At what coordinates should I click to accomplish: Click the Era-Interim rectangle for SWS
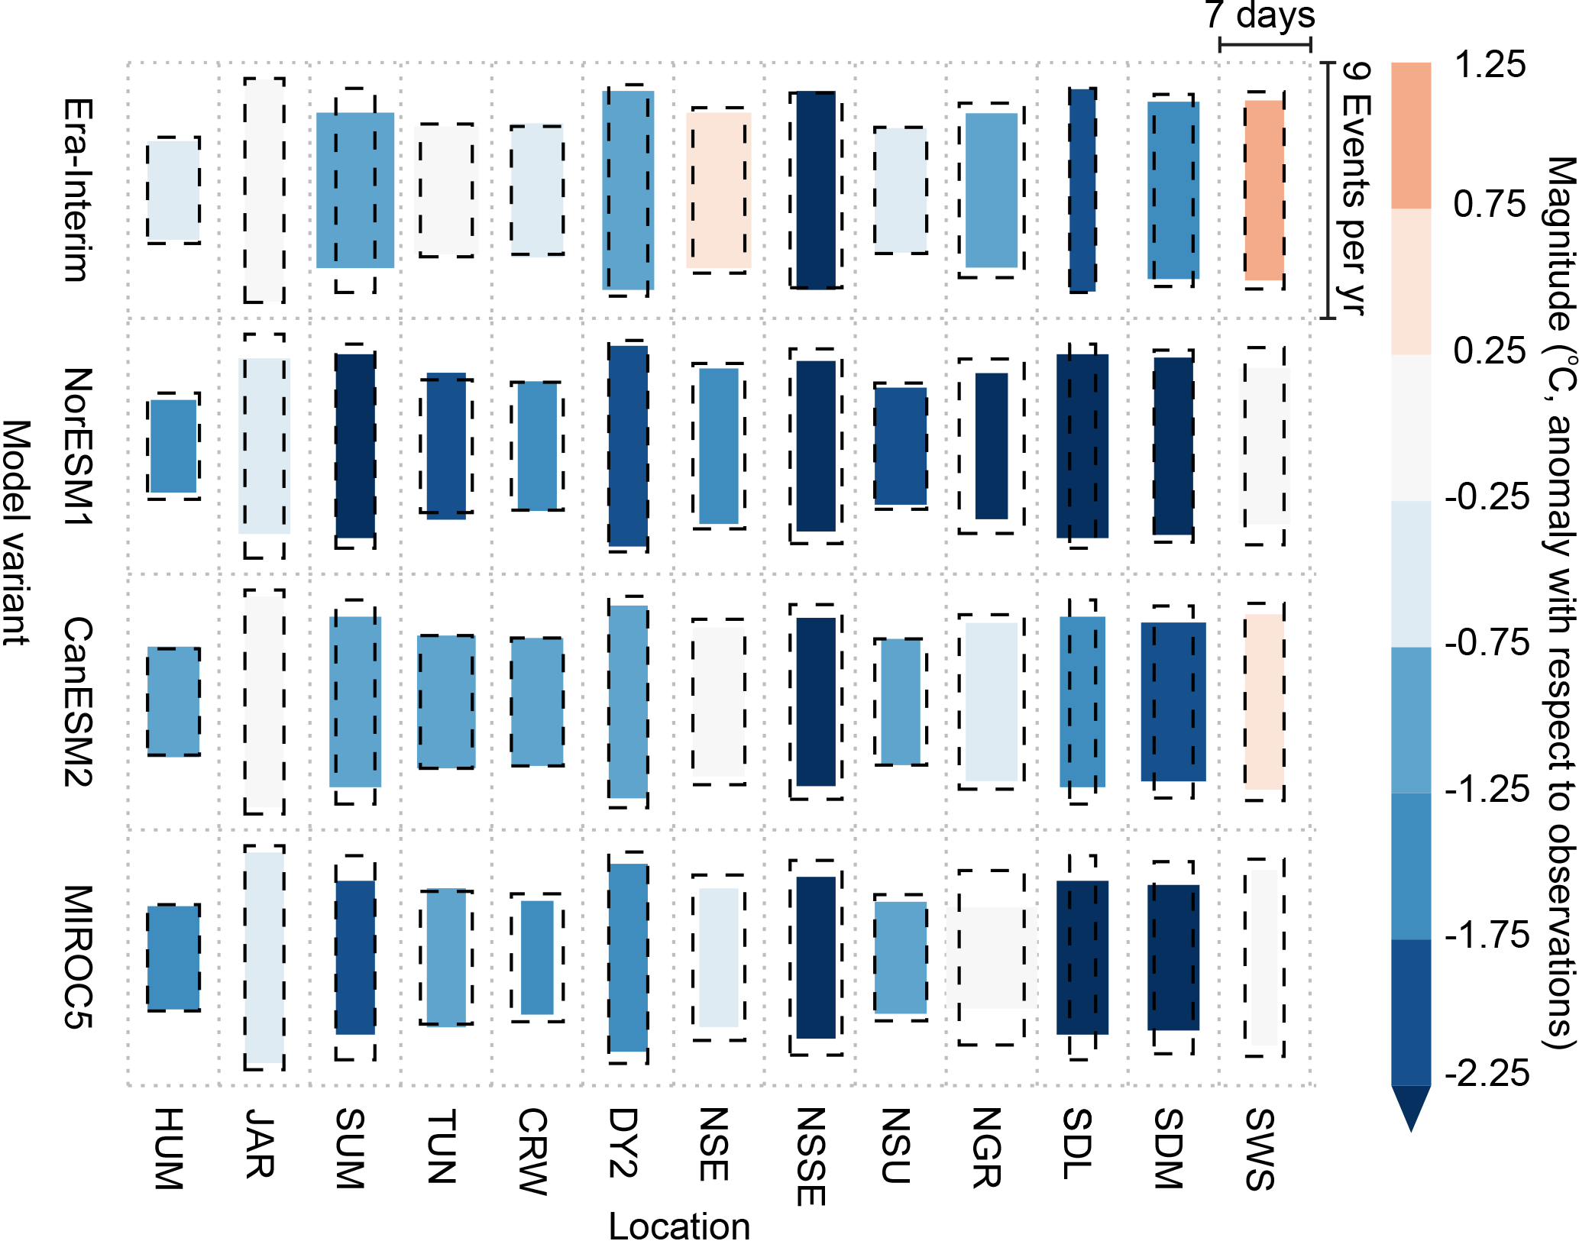point(1264,190)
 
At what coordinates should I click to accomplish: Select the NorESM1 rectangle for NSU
point(901,446)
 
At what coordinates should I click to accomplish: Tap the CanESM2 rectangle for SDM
point(1173,702)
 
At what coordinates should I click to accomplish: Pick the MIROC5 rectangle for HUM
point(173,958)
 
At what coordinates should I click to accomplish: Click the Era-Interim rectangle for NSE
point(719,190)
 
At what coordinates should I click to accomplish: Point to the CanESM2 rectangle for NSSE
point(816,702)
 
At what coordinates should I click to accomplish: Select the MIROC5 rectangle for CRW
point(537,958)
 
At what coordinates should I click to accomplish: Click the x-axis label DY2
point(623,1142)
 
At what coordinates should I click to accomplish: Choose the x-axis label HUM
point(169,1149)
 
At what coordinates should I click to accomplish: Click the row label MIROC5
point(79,958)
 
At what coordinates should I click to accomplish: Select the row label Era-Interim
point(79,190)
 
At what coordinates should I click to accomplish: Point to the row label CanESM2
point(79,702)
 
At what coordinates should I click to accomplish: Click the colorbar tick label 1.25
point(1490,64)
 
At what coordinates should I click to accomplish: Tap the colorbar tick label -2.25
point(1487,1074)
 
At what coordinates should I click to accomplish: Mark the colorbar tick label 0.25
point(1490,351)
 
